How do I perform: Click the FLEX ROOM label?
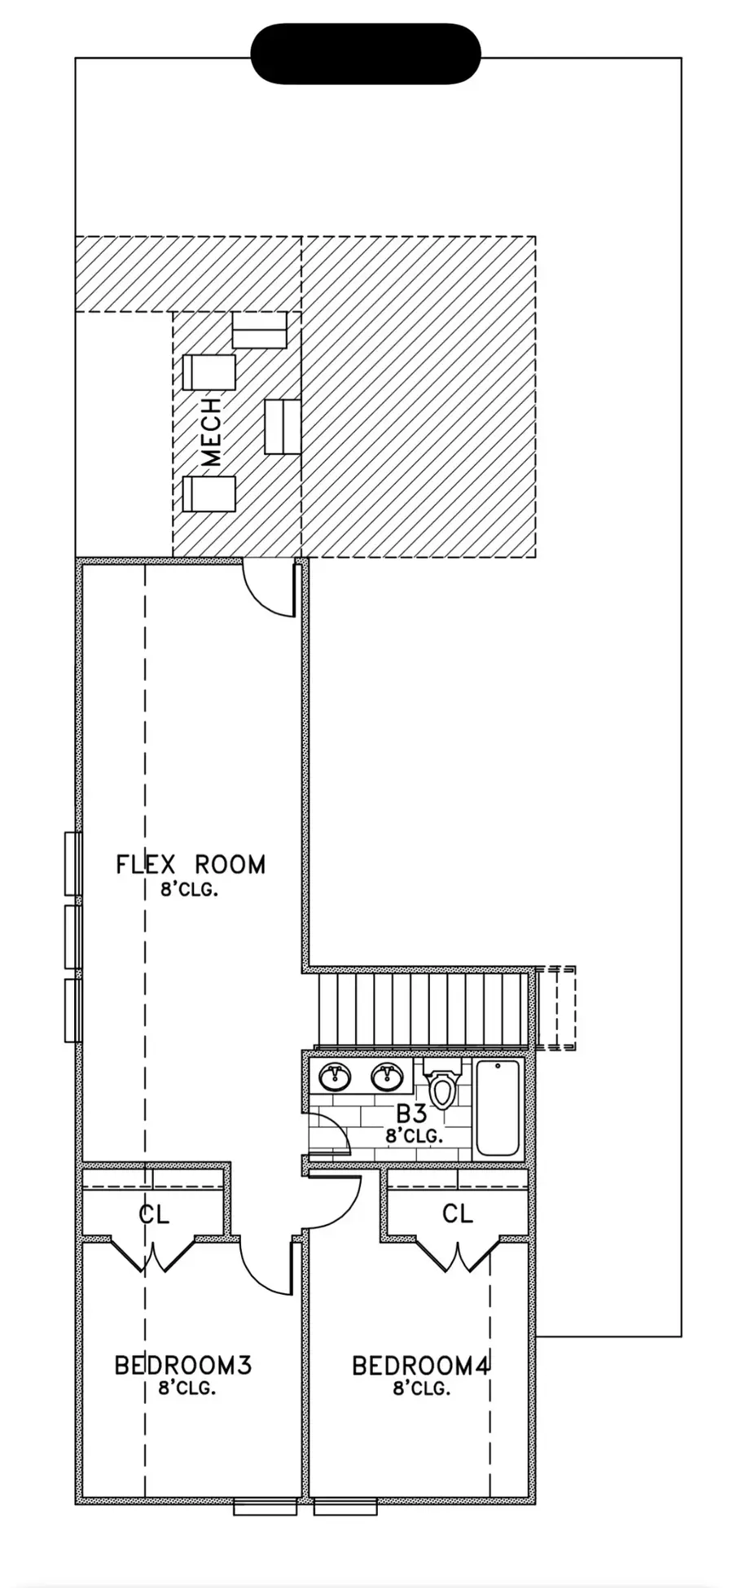pyautogui.click(x=191, y=864)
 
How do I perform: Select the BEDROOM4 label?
pyautogui.click(x=421, y=1365)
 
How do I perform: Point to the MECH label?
pyautogui.click(x=211, y=432)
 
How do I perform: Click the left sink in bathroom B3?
pyautogui.click(x=335, y=1077)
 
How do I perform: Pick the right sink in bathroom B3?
pyautogui.click(x=387, y=1077)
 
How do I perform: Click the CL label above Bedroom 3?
pyautogui.click(x=154, y=1215)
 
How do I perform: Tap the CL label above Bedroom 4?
pyautogui.click(x=458, y=1213)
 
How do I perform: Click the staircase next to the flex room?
pyautogui.click(x=424, y=1010)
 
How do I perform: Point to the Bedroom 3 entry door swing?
pyautogui.click(x=266, y=1267)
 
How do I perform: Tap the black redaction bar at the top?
pyautogui.click(x=366, y=54)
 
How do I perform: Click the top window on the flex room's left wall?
pyautogui.click(x=73, y=863)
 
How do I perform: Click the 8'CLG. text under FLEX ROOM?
pyautogui.click(x=190, y=889)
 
